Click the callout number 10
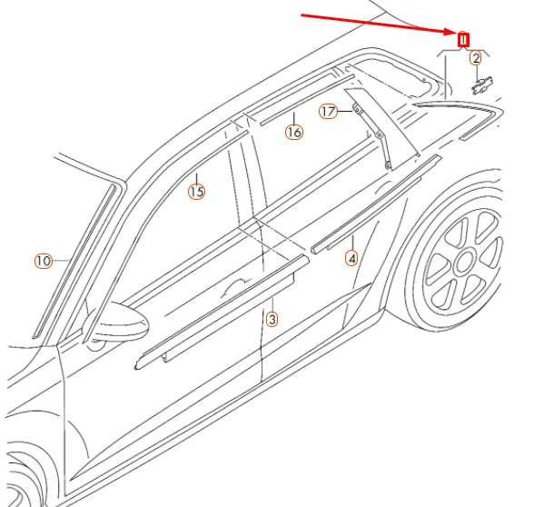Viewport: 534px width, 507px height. [44, 261]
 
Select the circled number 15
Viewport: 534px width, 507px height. [196, 191]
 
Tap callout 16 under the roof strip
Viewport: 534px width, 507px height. [293, 132]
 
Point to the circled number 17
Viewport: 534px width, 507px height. [328, 112]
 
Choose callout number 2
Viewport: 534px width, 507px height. [475, 58]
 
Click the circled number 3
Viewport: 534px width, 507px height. [272, 319]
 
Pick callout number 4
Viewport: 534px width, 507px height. [351, 259]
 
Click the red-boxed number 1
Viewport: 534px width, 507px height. [462, 39]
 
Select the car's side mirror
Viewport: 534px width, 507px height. [118, 323]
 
